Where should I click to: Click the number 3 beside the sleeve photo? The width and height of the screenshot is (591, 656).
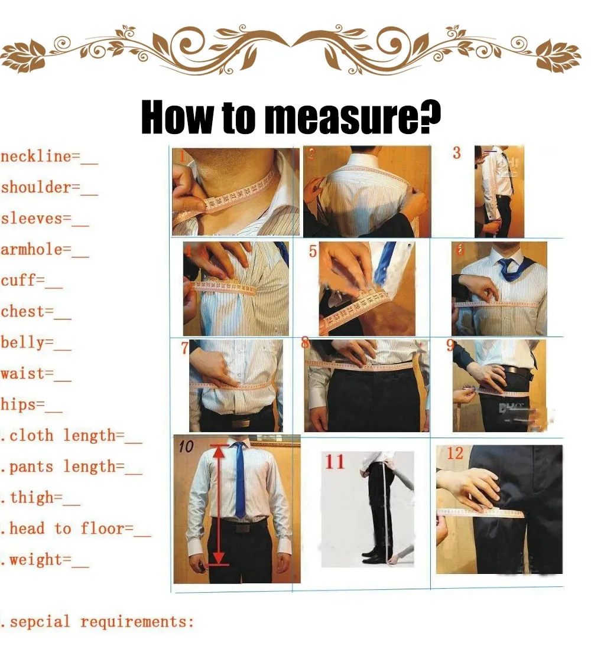pyautogui.click(x=456, y=153)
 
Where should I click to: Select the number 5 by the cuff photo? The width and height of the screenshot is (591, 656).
pyautogui.click(x=313, y=252)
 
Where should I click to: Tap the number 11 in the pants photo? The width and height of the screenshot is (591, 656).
pyautogui.click(x=335, y=462)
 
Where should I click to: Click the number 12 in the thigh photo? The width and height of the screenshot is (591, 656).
pyautogui.click(x=455, y=453)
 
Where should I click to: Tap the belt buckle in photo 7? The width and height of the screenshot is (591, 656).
pyautogui.click(x=241, y=423)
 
